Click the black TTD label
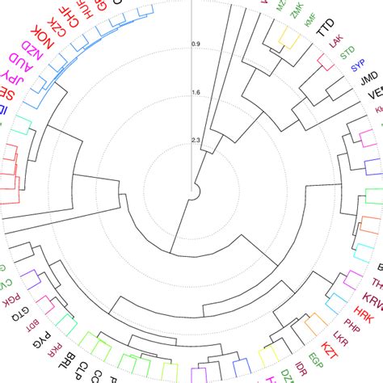[x=325, y=30]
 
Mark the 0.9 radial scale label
[x=196, y=44]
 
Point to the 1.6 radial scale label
[x=196, y=92]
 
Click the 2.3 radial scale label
[x=196, y=141]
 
